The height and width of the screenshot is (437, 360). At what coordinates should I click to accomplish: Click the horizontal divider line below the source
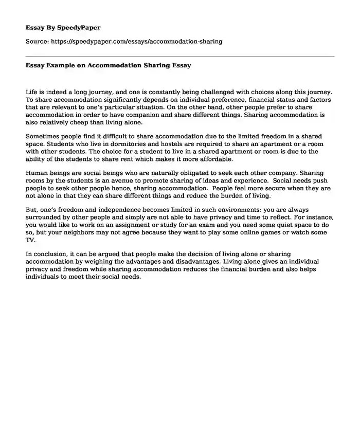point(180,56)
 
